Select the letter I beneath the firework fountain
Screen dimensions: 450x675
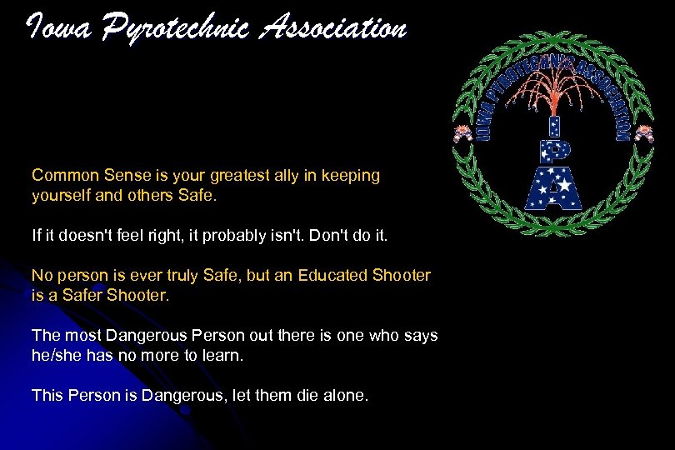(552, 125)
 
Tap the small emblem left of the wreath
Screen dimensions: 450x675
(461, 133)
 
